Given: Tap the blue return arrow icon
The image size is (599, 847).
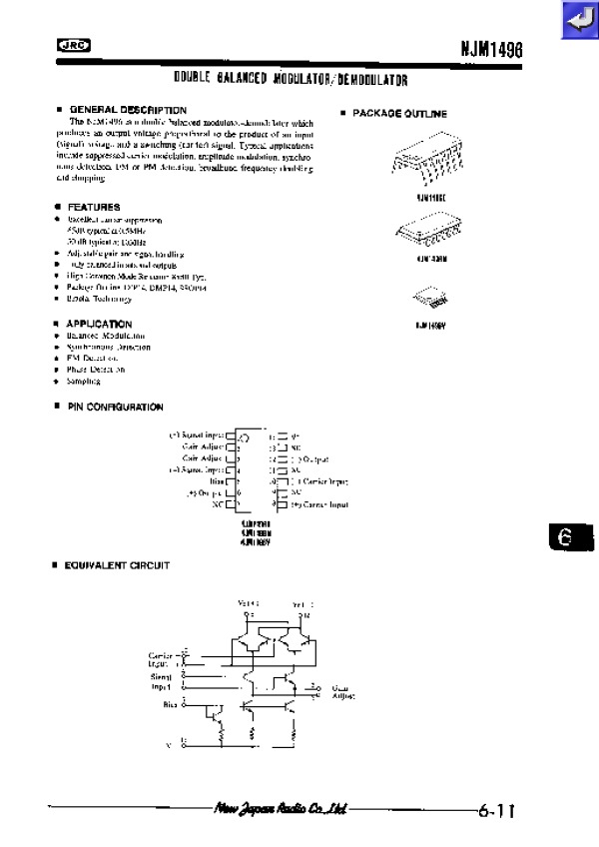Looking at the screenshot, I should click(577, 20).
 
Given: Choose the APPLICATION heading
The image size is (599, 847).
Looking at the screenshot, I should click(99, 324).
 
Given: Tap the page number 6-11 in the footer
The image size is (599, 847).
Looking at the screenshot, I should click(495, 811).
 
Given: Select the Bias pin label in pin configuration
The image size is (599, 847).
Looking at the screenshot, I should click(216, 480).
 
